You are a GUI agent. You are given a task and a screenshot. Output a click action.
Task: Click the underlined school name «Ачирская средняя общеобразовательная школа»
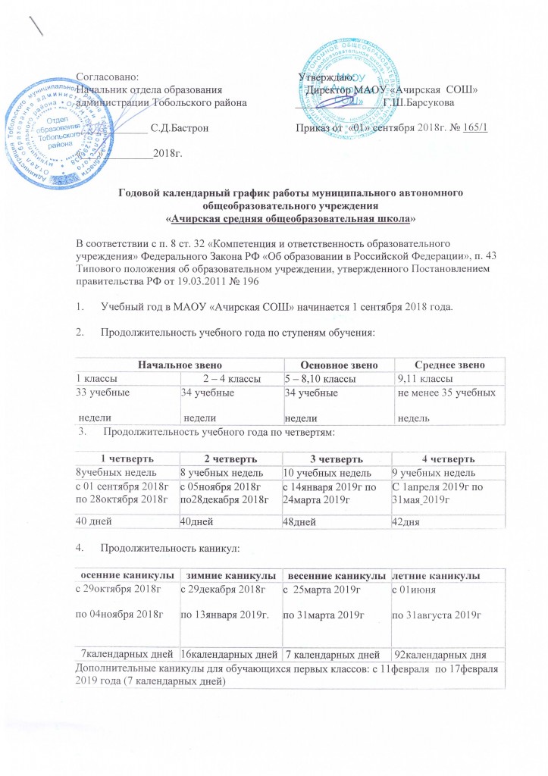click(x=291, y=218)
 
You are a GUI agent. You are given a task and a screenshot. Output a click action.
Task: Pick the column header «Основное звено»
click(x=335, y=366)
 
